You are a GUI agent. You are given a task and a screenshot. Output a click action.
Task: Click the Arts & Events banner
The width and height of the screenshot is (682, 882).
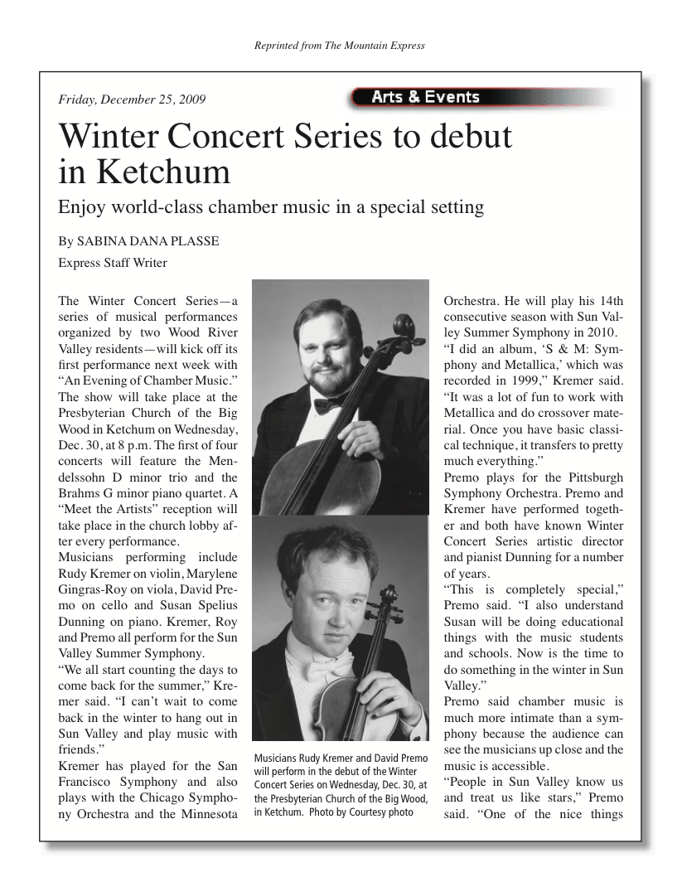(x=425, y=97)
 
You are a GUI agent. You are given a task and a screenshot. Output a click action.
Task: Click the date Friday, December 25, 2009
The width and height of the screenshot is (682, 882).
(x=132, y=100)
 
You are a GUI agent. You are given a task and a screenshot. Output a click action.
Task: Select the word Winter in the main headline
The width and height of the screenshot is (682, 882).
(x=109, y=136)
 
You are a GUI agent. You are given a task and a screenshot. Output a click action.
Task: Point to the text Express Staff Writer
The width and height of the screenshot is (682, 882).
(x=113, y=263)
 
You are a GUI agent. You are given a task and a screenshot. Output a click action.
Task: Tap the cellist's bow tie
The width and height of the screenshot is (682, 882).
(x=327, y=405)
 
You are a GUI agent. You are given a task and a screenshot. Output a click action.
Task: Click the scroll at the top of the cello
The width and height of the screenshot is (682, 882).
(x=405, y=324)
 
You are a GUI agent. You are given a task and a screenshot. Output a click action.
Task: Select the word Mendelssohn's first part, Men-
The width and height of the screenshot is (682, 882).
(x=221, y=461)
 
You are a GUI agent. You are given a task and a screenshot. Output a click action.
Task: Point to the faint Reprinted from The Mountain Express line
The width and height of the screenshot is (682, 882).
(x=341, y=46)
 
